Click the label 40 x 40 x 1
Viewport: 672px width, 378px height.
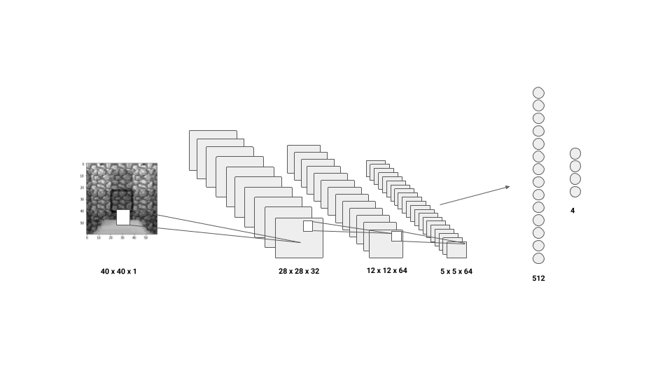coord(118,272)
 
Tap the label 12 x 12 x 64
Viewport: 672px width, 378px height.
coord(386,270)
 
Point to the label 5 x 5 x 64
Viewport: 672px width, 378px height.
coord(456,272)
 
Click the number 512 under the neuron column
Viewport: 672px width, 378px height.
coord(538,278)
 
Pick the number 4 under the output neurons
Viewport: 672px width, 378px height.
coord(573,210)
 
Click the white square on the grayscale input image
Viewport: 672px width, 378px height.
coord(123,217)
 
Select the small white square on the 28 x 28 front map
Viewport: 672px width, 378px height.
coord(308,226)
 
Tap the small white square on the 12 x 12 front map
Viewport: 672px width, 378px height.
coord(396,236)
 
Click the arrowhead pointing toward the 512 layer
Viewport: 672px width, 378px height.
coord(507,186)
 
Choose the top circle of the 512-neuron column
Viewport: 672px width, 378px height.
coord(538,92)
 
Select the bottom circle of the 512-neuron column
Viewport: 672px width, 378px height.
coord(538,258)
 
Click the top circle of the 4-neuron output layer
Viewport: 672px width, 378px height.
coord(575,153)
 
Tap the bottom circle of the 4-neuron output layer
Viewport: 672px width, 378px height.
coord(575,191)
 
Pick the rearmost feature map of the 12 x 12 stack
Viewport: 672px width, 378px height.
coord(302,148)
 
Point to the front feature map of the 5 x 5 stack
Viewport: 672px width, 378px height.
coord(456,251)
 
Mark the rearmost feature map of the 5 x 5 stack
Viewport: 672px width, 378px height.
coord(374,163)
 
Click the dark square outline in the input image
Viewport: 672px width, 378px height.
coord(121,192)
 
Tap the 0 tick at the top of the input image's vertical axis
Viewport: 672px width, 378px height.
coord(83,164)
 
